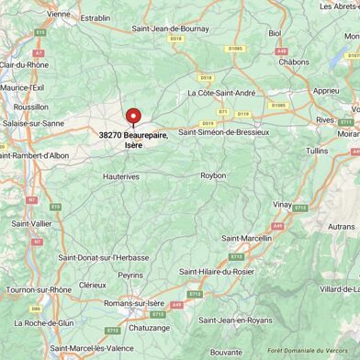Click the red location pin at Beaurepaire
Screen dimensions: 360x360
click(133, 117)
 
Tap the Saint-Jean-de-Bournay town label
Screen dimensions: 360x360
click(172, 29)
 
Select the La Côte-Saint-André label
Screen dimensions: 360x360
click(220, 93)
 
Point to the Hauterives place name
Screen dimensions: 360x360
click(121, 174)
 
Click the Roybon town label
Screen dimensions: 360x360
click(213, 174)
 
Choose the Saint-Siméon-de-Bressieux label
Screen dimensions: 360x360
click(224, 132)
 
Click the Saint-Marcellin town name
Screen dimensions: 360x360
click(248, 238)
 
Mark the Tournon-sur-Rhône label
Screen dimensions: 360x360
click(39, 290)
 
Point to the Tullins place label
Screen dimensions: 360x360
click(316, 150)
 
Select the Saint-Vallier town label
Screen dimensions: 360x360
click(31, 223)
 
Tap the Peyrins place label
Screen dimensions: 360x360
click(129, 275)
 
